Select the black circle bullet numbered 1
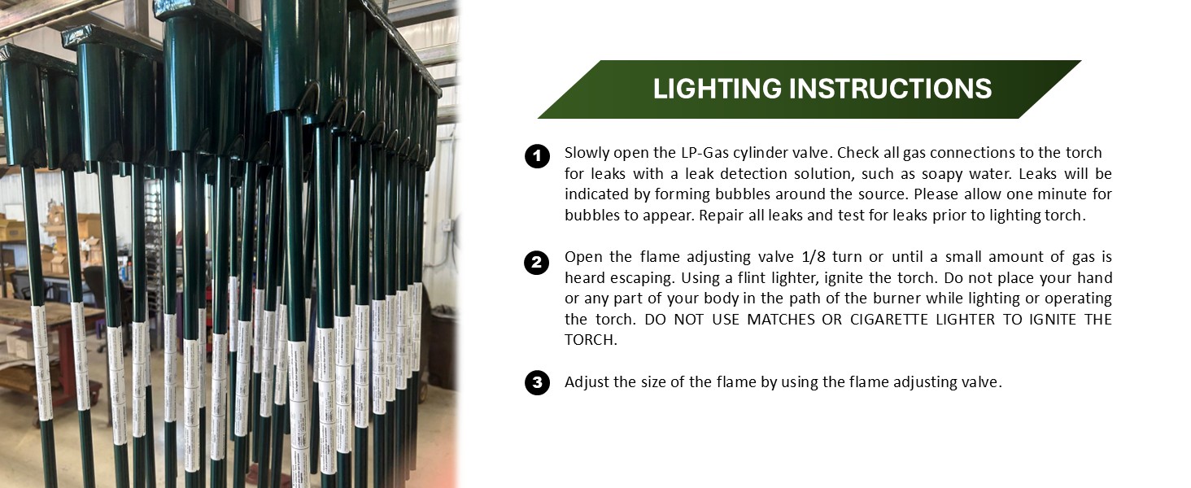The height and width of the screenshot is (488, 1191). (537, 156)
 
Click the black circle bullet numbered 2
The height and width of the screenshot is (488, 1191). (537, 263)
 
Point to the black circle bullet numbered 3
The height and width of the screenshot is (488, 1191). (537, 382)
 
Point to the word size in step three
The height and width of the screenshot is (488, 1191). (652, 382)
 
